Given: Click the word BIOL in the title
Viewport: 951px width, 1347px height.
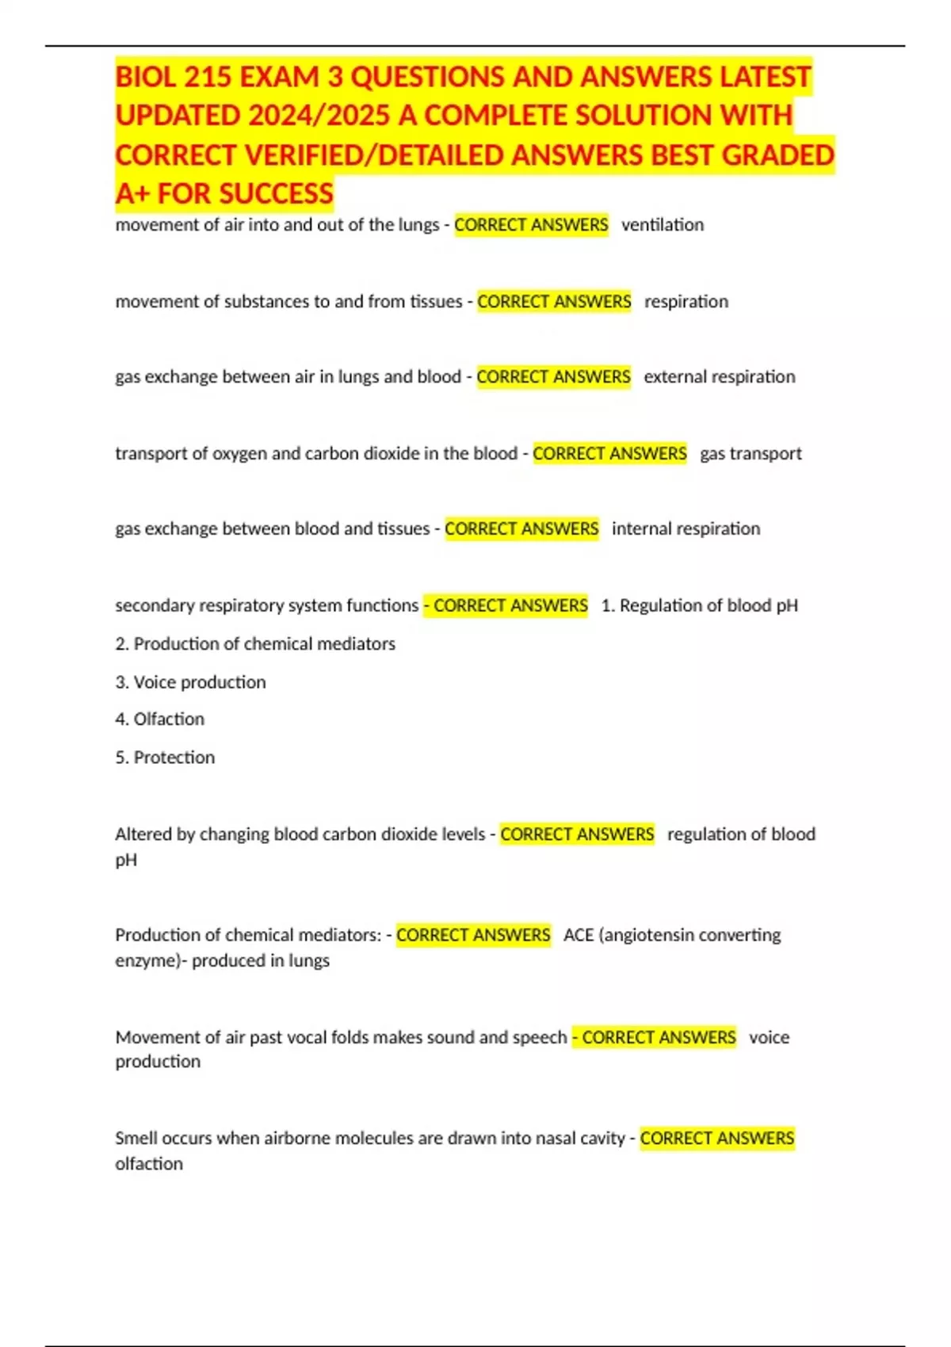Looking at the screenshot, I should coord(145,77).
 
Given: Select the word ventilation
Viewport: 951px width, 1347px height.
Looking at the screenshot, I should coord(663,225).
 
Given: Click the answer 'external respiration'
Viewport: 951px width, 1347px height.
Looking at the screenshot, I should coord(719,377).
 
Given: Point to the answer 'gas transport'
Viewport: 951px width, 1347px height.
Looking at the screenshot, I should coord(750,453).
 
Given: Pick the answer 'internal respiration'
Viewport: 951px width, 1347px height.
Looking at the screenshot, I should coord(686,528).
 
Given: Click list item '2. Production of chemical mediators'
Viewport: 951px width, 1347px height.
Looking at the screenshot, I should coord(255,643).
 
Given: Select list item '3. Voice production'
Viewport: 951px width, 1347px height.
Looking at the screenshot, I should coord(190,682).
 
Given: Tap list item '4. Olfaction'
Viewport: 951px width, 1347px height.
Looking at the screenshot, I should coord(159,719).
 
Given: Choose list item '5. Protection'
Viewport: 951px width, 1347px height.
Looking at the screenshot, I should coord(165,757).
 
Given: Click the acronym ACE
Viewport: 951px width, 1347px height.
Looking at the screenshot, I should coord(579,935).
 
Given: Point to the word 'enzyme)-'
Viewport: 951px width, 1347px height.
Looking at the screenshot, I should coord(151,961).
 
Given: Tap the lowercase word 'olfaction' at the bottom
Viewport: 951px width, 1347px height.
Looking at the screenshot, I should coord(149,1164).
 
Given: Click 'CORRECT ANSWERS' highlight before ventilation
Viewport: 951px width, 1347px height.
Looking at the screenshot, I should coord(531,225).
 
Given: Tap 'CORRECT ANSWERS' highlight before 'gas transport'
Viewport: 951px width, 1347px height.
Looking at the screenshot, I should coord(609,453).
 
